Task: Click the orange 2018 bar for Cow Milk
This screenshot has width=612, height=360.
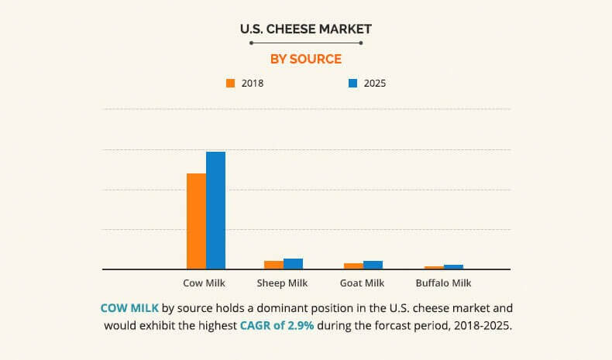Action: pos(196,221)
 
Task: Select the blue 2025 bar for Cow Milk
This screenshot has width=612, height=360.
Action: pos(215,210)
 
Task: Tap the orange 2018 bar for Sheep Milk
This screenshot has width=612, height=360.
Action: pos(273,265)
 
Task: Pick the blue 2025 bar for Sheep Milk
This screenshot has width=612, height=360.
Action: pos(293,264)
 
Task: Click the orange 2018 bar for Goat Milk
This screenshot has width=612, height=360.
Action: pos(353,266)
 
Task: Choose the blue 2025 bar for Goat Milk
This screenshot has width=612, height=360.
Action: pos(373,265)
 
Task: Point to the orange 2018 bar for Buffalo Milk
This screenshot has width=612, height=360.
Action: pos(434,267)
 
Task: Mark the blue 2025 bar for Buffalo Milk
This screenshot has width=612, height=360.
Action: pos(453,266)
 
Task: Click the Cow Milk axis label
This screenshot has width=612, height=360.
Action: pos(205,283)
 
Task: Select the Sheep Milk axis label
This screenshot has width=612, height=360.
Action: pos(282,283)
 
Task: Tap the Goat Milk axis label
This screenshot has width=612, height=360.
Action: pos(363,283)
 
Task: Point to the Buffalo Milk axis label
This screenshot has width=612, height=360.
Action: pos(443,283)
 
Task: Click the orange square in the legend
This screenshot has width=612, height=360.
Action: pos(230,83)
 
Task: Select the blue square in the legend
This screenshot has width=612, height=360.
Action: pos(352,83)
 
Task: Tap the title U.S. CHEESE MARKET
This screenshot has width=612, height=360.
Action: pos(305,29)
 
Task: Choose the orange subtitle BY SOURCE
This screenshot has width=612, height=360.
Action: pos(305,59)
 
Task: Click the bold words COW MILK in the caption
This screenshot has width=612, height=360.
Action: pos(129,307)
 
